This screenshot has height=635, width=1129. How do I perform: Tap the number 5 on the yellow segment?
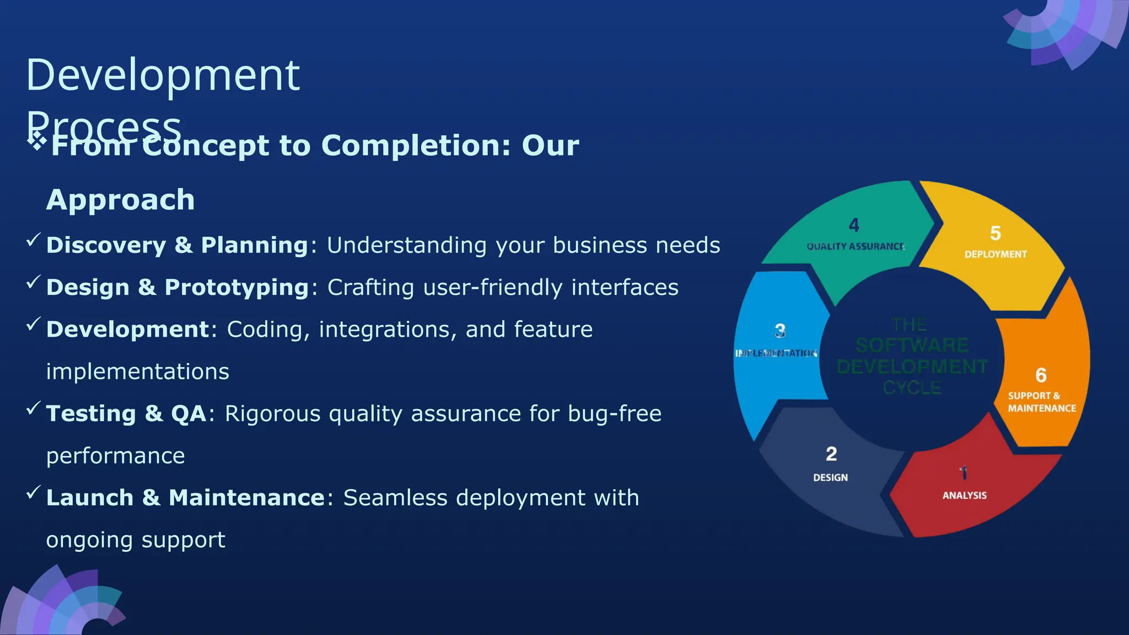pyautogui.click(x=995, y=233)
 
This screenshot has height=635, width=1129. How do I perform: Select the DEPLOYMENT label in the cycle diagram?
pyautogui.click(x=996, y=254)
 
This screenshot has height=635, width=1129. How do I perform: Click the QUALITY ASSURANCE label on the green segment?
pyautogui.click(x=856, y=246)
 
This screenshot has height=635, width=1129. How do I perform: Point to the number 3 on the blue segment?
pyautogui.click(x=780, y=331)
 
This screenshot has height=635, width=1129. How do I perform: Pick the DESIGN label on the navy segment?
pyautogui.click(x=830, y=477)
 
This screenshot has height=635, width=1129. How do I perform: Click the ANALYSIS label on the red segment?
pyautogui.click(x=964, y=496)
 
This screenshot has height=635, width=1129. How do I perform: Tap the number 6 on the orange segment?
pyautogui.click(x=1041, y=375)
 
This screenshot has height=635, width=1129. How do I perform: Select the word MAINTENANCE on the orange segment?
pyautogui.click(x=1042, y=408)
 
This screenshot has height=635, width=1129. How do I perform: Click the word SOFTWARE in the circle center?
pyautogui.click(x=912, y=346)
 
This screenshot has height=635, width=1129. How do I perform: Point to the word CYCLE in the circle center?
pyautogui.click(x=912, y=388)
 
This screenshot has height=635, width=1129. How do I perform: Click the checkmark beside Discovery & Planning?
pyautogui.click(x=34, y=240)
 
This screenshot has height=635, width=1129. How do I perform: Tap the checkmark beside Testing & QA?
pyautogui.click(x=34, y=408)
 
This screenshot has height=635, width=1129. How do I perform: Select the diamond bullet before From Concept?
pyautogui.click(x=37, y=141)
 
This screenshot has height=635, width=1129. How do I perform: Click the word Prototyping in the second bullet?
pyautogui.click(x=236, y=287)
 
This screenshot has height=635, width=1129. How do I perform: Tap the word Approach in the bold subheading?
pyautogui.click(x=120, y=200)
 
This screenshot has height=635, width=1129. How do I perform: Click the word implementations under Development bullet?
pyautogui.click(x=137, y=372)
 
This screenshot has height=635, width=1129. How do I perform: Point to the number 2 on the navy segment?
pyautogui.click(x=831, y=454)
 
